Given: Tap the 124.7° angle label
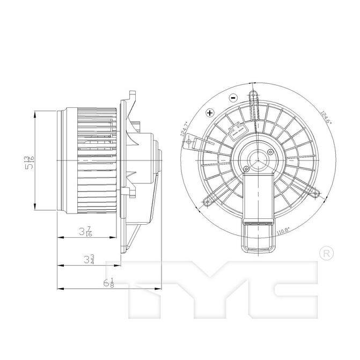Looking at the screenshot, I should point(186,129).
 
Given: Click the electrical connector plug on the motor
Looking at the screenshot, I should point(234,131).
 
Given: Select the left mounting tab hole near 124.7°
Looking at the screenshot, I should point(189,142).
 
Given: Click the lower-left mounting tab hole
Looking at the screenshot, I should point(208,202).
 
